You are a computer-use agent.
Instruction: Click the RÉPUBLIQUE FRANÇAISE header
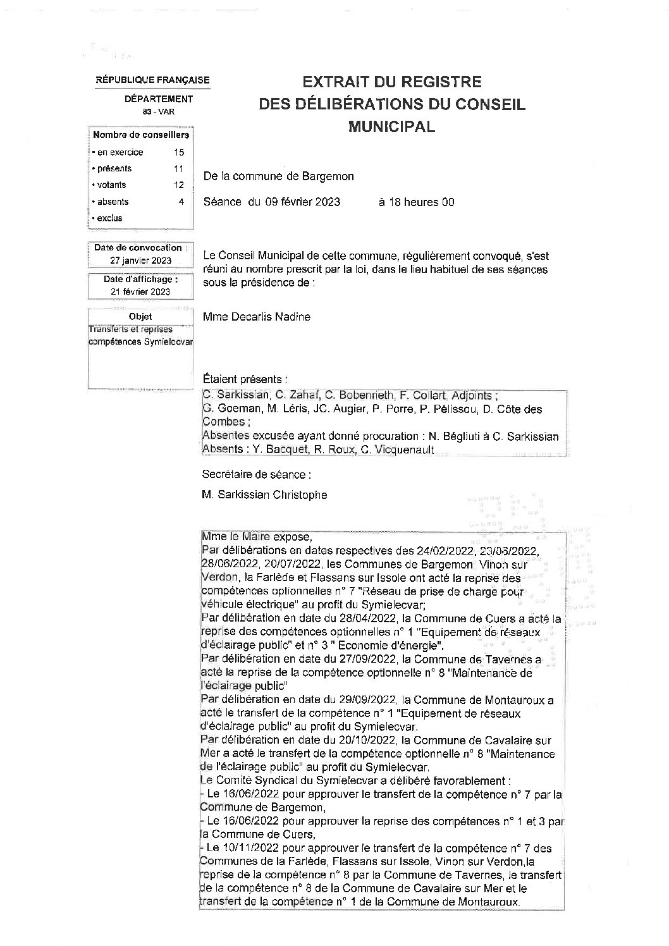click(x=152, y=80)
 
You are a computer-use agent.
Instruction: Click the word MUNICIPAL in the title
click(x=391, y=126)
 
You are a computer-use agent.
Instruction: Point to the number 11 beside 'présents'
click(x=178, y=169)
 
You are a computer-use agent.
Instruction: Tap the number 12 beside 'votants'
click(x=178, y=185)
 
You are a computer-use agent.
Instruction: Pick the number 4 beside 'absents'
click(x=181, y=202)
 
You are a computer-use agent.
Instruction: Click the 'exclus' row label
click(x=109, y=218)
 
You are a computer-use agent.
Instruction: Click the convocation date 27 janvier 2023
click(x=140, y=261)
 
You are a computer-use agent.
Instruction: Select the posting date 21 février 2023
click(x=140, y=292)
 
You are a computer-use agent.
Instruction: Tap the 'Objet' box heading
click(x=140, y=316)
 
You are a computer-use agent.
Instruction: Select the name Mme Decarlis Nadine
click(x=257, y=317)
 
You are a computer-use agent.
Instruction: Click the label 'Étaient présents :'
click(x=245, y=379)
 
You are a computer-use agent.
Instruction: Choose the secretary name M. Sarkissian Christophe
click(x=264, y=495)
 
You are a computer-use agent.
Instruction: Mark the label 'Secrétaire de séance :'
click(x=256, y=474)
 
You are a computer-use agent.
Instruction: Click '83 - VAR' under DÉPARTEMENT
click(x=158, y=112)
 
